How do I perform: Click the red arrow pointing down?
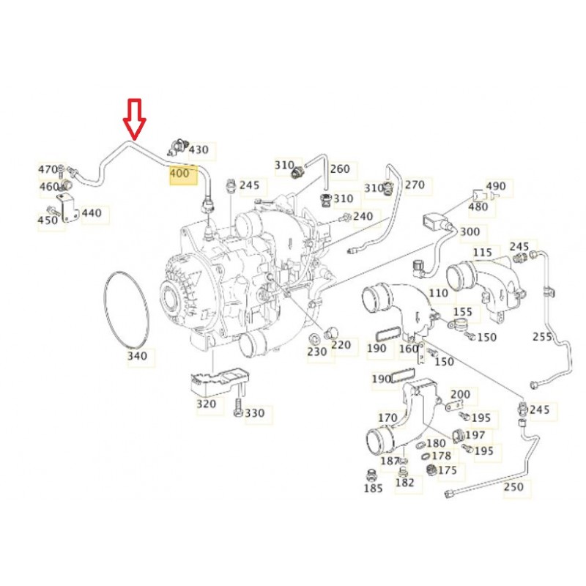(x=135, y=119)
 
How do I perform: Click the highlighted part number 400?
(x=179, y=174)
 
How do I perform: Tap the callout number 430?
(x=199, y=150)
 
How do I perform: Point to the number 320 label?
(x=207, y=404)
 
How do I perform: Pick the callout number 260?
(x=340, y=169)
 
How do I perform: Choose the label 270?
(x=415, y=185)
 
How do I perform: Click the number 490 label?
(x=496, y=186)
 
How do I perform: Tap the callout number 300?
(x=470, y=231)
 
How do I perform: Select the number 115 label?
(x=483, y=253)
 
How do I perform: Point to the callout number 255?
(x=543, y=337)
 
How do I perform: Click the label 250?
(x=514, y=486)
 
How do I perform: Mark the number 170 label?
(x=387, y=418)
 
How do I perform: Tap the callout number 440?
(x=92, y=213)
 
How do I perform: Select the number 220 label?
(x=341, y=344)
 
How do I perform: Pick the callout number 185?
(x=374, y=488)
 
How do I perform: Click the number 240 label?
(x=363, y=216)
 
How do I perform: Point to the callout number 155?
(x=463, y=312)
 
